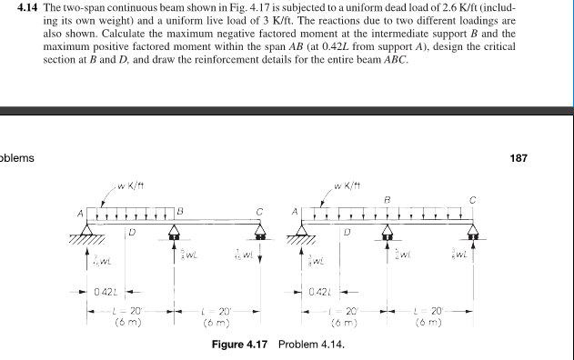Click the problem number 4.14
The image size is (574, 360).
(31, 7)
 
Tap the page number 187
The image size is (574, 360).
(519, 157)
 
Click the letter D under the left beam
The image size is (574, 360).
(132, 233)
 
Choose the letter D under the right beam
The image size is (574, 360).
(347, 233)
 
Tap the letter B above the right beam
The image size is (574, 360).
(388, 198)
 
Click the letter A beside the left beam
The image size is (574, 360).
(79, 213)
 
